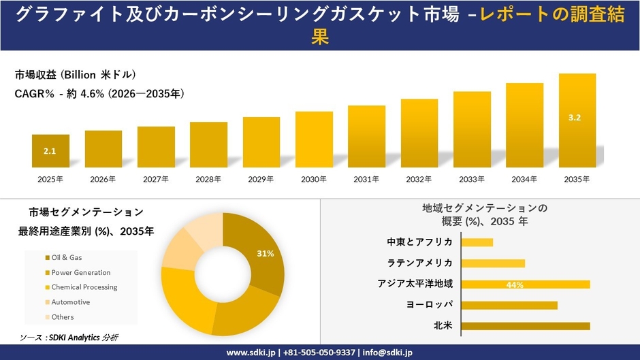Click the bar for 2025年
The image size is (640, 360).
coord(50,151)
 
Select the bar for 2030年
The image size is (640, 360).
coord(314,140)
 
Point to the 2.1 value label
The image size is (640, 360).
coord(50,152)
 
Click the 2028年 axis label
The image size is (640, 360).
coord(208,180)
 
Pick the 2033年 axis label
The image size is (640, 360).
coord(472,180)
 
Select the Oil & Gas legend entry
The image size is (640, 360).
coord(66,257)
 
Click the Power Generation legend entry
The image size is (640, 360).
coord(80,272)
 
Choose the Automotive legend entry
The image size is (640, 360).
coord(70,302)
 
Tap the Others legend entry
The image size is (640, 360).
coord(62,317)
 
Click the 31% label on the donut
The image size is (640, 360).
coord(266,254)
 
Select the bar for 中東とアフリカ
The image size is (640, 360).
coord(477,242)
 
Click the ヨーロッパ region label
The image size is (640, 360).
coord(429,305)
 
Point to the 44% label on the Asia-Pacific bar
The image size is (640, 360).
coord(515,284)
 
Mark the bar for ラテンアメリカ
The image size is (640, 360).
coord(493,263)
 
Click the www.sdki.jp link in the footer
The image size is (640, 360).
coord(251,353)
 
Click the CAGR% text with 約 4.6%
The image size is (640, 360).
coord(99,94)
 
